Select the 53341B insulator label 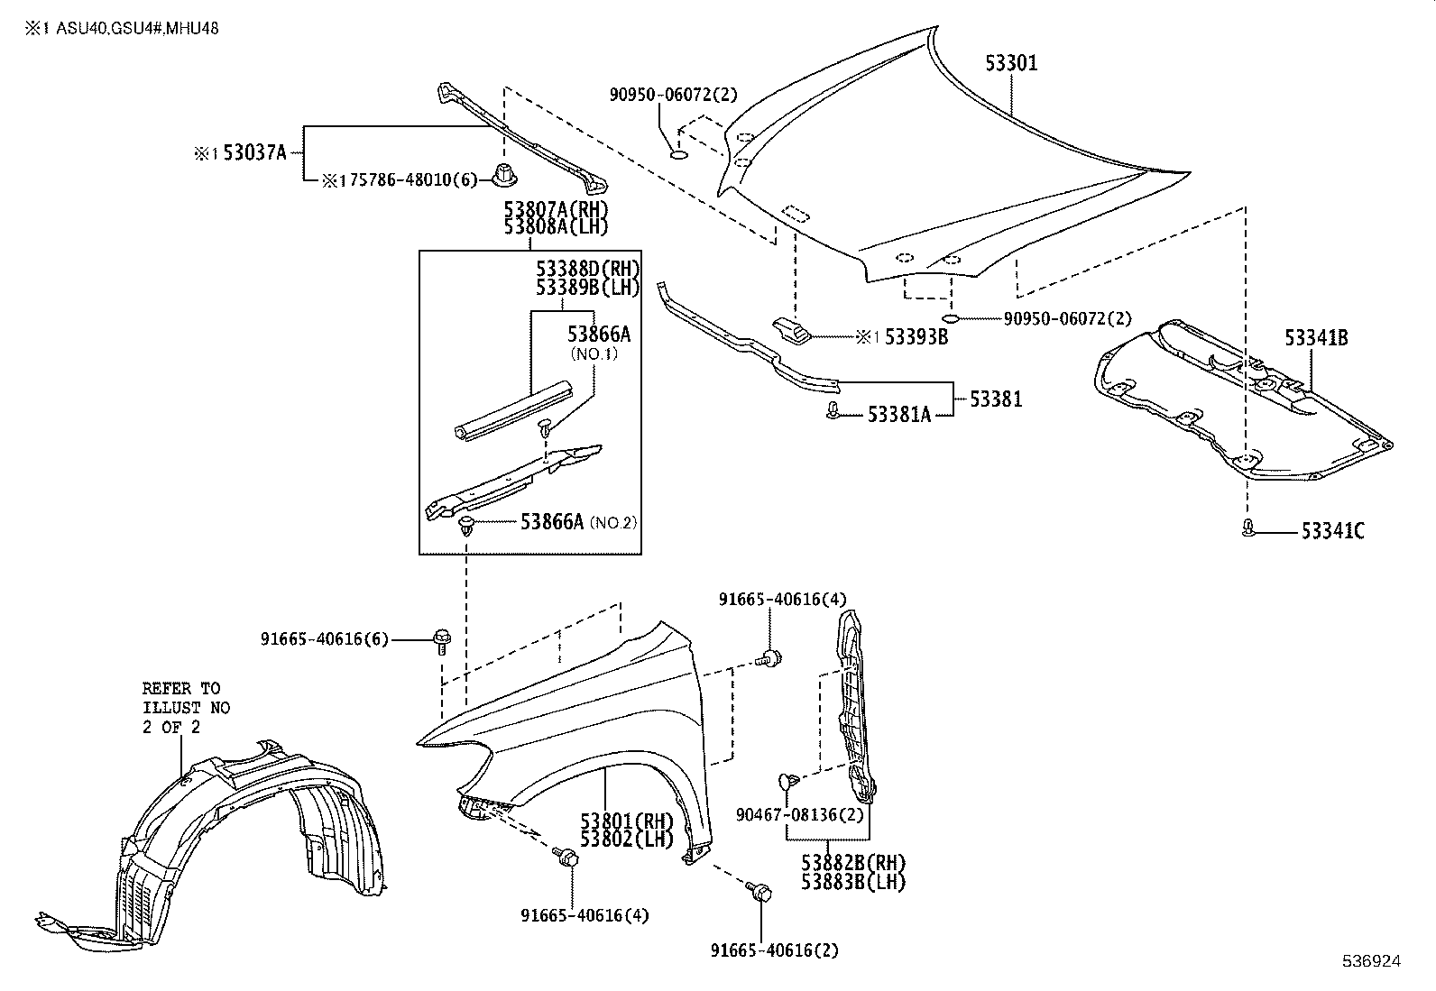1316,338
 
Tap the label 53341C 1332,531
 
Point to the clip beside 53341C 1248,528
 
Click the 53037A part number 254,152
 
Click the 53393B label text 916,337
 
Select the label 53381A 899,414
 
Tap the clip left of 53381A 834,413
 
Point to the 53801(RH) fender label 627,821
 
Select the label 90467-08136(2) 799,814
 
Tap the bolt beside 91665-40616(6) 442,640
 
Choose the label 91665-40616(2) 779,950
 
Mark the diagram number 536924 1371,962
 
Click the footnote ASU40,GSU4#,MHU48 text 137,28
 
